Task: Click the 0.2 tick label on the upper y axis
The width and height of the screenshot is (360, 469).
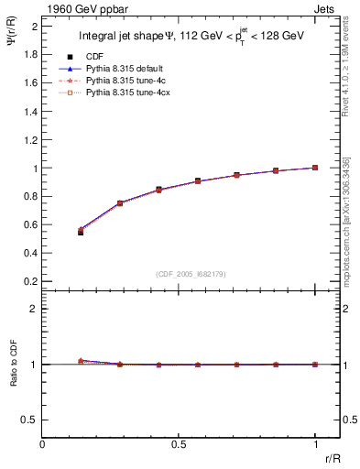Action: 32,281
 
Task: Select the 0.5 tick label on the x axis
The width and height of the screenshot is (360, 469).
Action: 179,443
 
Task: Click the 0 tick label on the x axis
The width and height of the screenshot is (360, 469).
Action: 43,443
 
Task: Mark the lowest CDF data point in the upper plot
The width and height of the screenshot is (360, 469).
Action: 81,232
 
